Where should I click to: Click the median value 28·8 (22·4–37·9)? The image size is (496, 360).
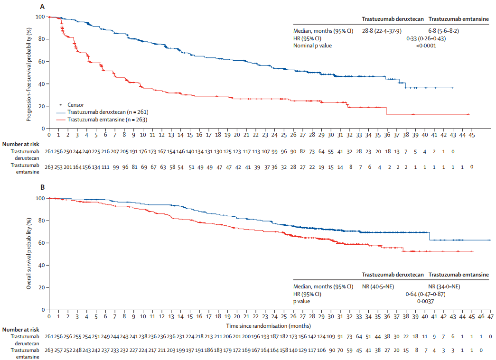tap(385, 31)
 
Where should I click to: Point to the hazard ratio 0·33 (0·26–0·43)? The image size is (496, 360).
tap(425, 38)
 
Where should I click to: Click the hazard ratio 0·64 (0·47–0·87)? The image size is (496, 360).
tap(425, 294)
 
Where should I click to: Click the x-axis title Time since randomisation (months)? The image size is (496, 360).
tap(269, 326)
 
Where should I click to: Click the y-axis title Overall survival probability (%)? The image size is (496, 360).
tap(29, 253)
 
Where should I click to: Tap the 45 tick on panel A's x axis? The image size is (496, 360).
tap(471, 135)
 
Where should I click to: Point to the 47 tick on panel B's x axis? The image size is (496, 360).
tap(490, 316)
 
